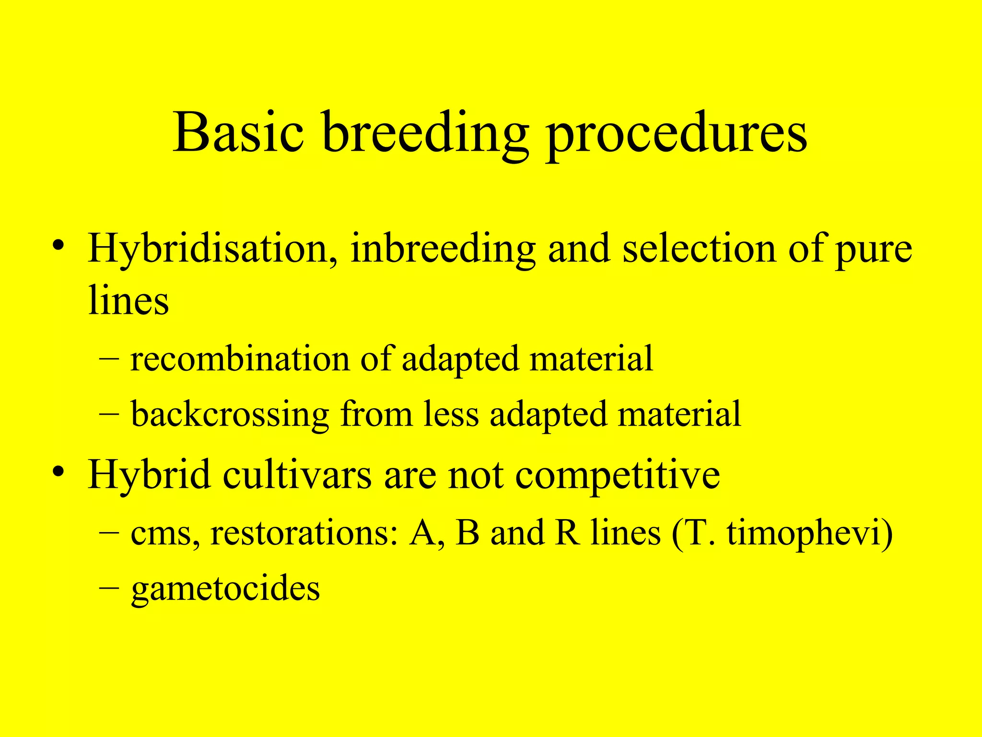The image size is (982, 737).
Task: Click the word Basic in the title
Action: coord(238,132)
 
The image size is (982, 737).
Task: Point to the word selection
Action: coord(699,249)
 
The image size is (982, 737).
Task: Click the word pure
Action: coord(874,252)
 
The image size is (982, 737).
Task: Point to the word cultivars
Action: coord(297,475)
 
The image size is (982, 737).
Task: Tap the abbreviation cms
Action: coord(161,534)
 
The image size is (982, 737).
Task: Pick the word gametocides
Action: coord(225,590)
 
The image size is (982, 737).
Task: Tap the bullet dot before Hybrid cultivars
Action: coord(58,471)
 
